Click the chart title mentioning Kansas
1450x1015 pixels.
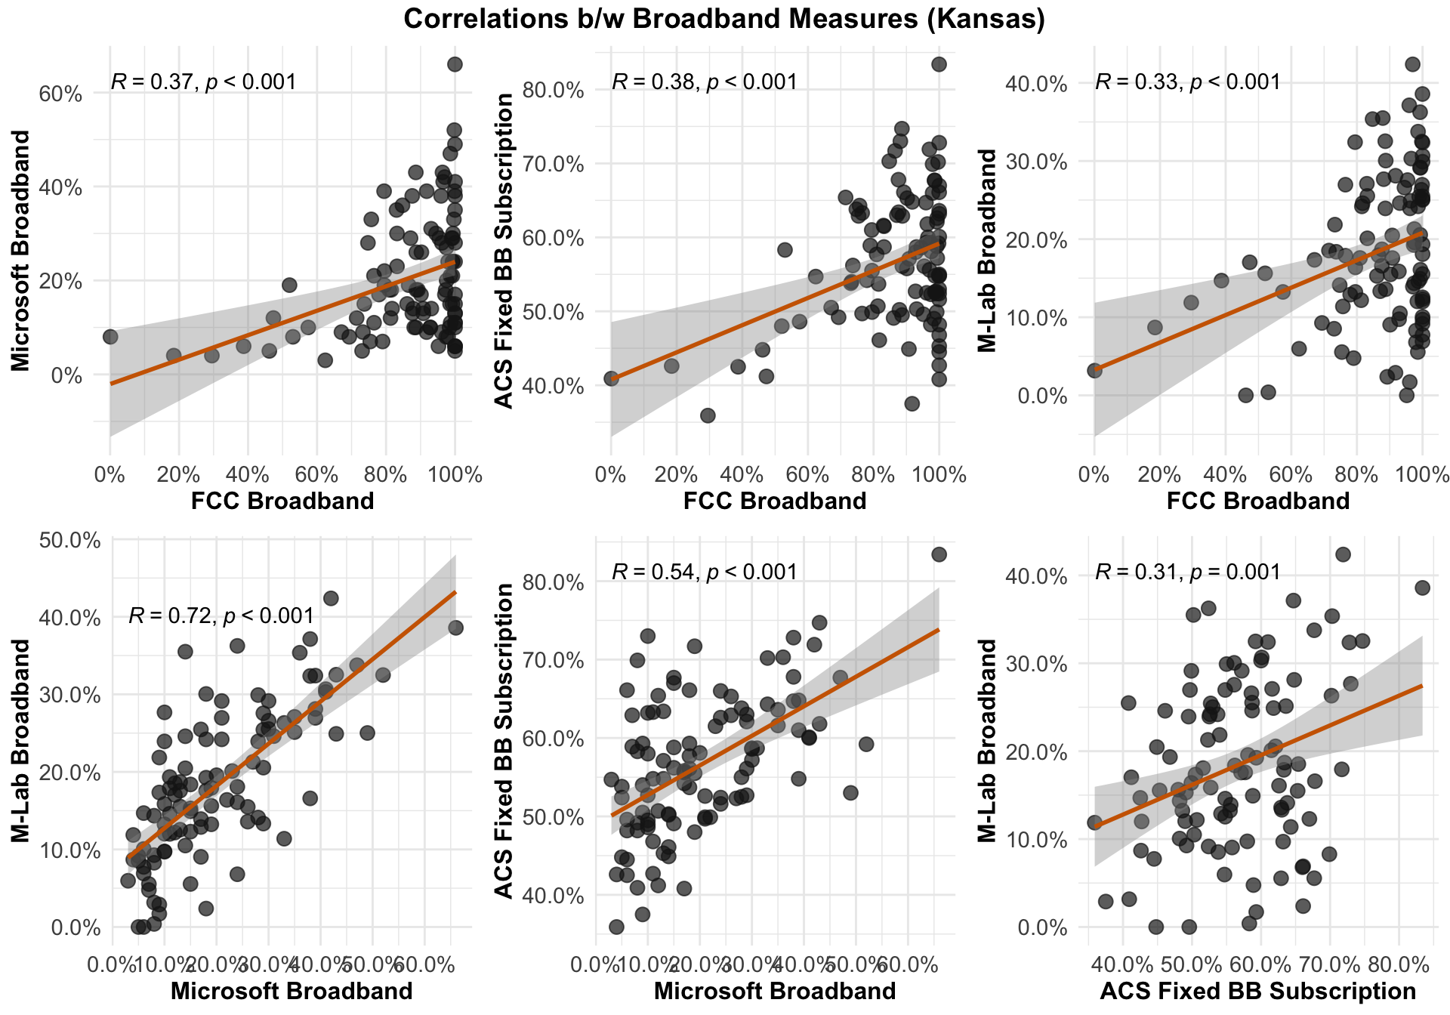point(724,19)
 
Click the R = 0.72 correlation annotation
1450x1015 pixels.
point(221,616)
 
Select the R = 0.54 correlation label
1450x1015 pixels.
point(704,572)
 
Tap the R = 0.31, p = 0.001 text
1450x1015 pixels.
point(1188,572)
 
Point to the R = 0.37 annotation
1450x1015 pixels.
point(203,82)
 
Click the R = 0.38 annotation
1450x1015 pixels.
point(704,82)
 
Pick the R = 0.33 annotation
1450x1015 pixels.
point(1188,82)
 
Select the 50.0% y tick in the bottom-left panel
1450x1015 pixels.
point(68,540)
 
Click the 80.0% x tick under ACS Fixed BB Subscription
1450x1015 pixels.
point(1399,965)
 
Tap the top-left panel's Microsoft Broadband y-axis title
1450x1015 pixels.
point(21,251)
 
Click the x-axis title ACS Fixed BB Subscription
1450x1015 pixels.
point(1258,992)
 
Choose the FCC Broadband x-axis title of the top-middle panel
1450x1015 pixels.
point(775,501)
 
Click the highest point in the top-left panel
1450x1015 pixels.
point(455,64)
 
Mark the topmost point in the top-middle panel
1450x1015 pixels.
point(939,64)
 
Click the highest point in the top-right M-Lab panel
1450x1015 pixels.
point(1412,64)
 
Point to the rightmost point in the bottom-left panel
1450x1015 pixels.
point(455,628)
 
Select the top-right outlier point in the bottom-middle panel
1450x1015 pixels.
point(939,554)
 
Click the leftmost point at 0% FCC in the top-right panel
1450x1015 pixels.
point(1094,370)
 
